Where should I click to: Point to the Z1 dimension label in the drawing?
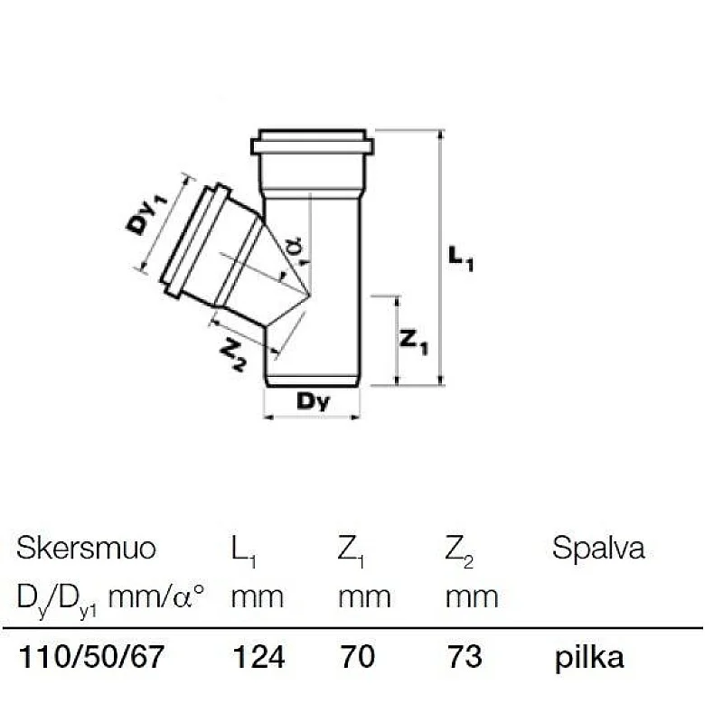[x=414, y=342]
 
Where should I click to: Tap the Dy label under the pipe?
[x=313, y=401]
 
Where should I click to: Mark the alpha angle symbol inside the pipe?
[x=293, y=247]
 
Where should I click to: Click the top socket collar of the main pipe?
[x=312, y=145]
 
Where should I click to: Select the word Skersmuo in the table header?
[x=87, y=549]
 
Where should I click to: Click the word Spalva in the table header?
[x=598, y=549]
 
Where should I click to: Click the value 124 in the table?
[x=258, y=657]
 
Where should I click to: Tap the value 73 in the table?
[x=465, y=657]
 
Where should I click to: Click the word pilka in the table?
[x=589, y=657]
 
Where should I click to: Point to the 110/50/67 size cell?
[x=91, y=657]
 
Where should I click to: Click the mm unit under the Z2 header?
[x=472, y=597]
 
